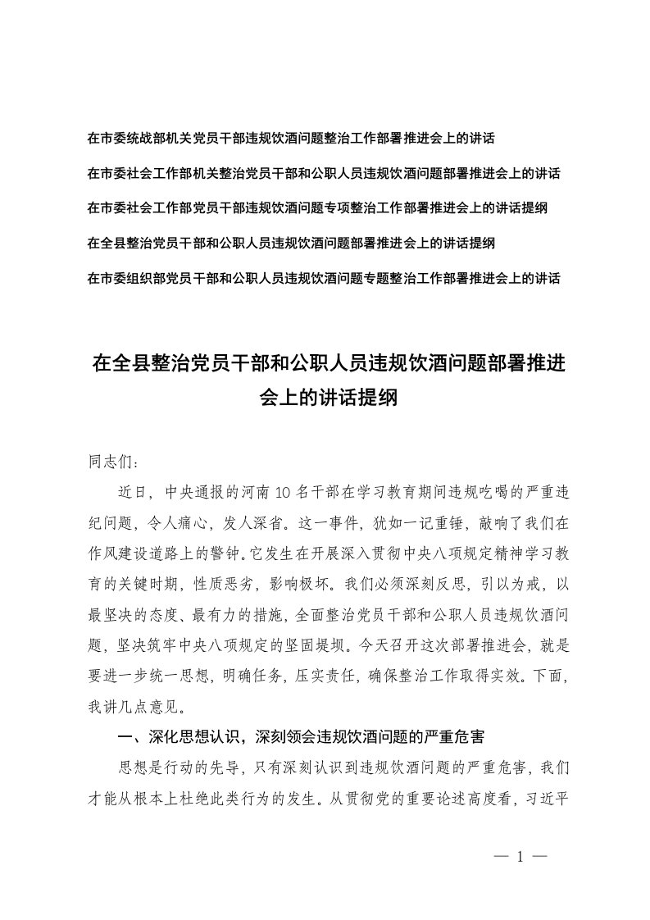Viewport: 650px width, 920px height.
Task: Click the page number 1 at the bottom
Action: [x=520, y=858]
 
